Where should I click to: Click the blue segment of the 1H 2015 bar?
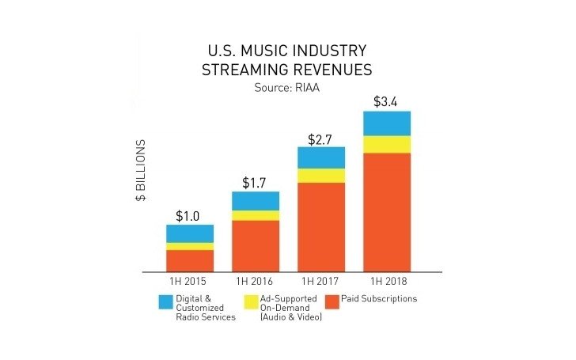(x=190, y=233)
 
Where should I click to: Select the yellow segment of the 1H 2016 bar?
(x=256, y=215)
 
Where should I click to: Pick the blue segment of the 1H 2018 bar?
(x=387, y=123)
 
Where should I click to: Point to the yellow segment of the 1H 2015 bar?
(x=190, y=246)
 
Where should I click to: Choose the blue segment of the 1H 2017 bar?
(x=321, y=157)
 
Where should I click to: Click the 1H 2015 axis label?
(x=190, y=282)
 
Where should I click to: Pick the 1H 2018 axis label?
(x=387, y=282)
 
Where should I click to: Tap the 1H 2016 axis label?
(x=256, y=282)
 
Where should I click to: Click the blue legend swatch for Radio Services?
(x=166, y=301)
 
